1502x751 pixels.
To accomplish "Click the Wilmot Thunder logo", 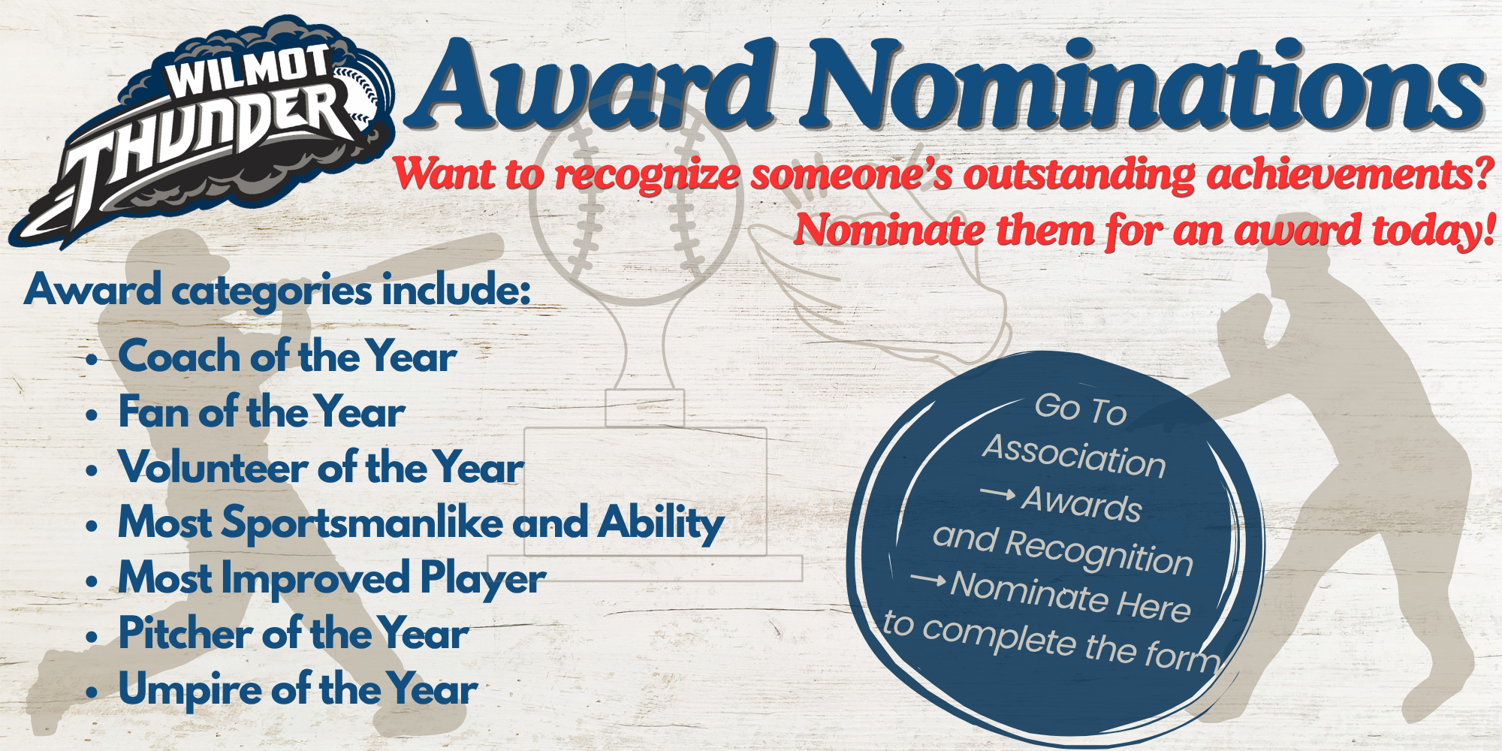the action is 203,131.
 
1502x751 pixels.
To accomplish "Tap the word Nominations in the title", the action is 1142,83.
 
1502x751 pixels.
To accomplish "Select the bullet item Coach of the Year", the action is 288,356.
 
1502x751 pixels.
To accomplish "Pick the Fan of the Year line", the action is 262,412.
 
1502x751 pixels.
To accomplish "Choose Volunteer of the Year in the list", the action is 321,467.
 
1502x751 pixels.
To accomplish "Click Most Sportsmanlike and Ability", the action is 421,523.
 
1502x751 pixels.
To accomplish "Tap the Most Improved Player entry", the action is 332,578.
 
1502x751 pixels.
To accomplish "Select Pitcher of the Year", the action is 294,633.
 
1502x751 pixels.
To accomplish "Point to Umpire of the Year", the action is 298,689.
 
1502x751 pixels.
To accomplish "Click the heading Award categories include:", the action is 278,290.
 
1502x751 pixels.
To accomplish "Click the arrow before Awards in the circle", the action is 998,493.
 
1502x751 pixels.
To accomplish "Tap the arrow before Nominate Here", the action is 928,579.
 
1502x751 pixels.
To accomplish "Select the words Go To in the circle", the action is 1081,409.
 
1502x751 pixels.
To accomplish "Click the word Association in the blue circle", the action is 1074,455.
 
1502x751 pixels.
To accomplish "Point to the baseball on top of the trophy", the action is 636,197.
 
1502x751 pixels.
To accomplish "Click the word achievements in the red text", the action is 1349,173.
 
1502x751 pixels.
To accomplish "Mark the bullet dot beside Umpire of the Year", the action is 92,692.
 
